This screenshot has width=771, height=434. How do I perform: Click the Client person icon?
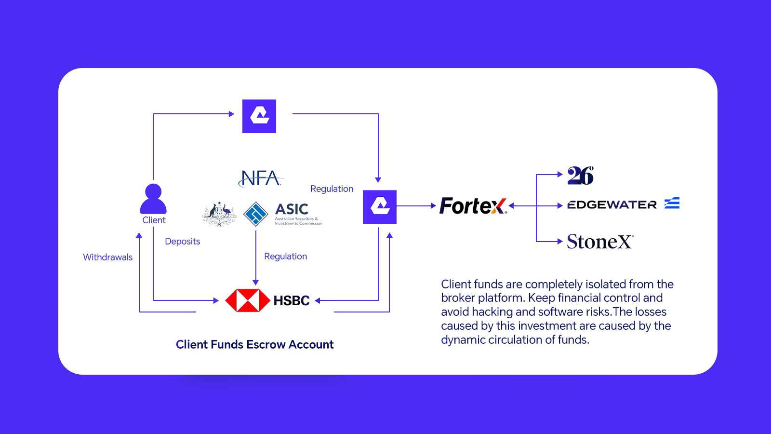[153, 199]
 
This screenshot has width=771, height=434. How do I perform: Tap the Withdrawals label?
[107, 257]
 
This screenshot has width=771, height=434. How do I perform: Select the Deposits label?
[182, 241]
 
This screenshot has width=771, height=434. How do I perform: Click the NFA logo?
[261, 178]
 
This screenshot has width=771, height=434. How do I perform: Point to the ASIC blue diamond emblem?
[255, 214]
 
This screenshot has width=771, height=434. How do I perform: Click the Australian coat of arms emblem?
[220, 214]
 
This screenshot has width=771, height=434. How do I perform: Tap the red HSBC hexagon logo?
[248, 300]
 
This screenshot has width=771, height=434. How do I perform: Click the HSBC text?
[291, 300]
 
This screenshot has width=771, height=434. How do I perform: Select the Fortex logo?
[473, 206]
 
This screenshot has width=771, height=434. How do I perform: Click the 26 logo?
[580, 176]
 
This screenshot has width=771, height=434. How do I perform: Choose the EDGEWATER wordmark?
[612, 205]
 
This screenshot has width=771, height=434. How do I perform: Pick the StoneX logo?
[600, 242]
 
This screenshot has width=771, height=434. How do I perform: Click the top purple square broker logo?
[259, 116]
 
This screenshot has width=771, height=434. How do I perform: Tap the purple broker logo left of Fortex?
[380, 207]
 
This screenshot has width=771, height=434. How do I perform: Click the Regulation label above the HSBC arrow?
[285, 256]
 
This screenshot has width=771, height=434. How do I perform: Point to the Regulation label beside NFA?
[332, 189]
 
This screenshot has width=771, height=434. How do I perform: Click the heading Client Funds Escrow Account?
[254, 344]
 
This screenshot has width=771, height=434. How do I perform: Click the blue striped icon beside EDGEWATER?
[672, 203]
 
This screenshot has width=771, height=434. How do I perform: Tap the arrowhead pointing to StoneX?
[560, 242]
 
